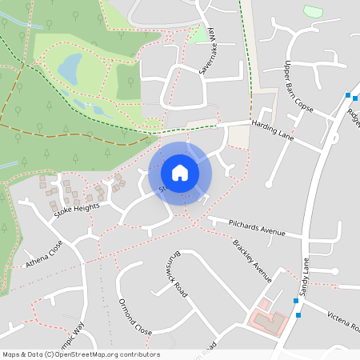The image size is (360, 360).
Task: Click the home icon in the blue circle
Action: coord(180,172)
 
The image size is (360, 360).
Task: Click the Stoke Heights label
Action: coord(77,211)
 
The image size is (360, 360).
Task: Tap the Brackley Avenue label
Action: coord(253,260)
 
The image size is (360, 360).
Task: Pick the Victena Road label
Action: coord(343,320)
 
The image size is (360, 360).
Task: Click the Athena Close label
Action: coord(45,254)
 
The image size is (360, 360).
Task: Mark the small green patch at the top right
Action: coord(314,11)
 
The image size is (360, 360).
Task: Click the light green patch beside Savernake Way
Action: coord(197,34)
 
